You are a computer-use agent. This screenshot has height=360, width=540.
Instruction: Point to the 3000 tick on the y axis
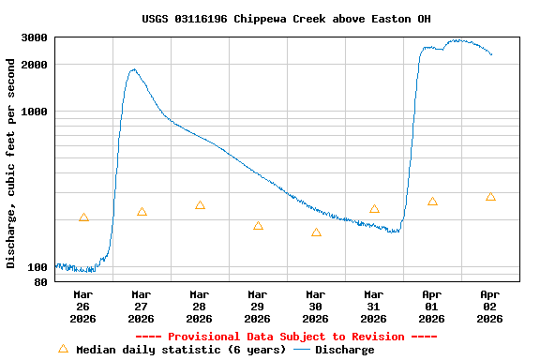click(36, 37)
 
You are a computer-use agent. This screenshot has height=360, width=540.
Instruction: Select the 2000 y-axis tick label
click(36, 65)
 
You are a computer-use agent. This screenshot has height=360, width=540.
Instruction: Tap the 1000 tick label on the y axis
click(36, 112)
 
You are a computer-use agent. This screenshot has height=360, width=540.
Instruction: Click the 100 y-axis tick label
click(39, 266)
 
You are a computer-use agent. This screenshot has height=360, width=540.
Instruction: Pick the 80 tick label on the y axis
click(42, 281)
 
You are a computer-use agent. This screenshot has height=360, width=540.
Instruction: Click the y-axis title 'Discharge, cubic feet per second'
click(11, 163)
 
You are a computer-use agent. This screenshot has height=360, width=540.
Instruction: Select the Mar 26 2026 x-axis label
click(82, 306)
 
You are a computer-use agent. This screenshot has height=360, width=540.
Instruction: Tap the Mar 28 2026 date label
click(199, 306)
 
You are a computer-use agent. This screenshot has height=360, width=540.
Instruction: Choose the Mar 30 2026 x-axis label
click(315, 306)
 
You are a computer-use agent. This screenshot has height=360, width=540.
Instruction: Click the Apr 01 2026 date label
click(431, 306)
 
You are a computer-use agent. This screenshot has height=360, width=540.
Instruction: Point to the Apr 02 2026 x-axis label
click(489, 306)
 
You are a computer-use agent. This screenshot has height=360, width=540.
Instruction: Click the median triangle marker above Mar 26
click(83, 217)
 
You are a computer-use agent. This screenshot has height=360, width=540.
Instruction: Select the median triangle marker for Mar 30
click(316, 232)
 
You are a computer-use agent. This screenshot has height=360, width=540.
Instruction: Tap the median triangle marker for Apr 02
click(490, 197)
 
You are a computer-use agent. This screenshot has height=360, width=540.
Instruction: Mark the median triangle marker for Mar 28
click(200, 205)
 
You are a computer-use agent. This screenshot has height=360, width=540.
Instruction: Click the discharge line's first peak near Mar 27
click(133, 69)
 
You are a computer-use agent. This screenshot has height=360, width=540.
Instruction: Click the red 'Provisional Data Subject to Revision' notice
click(286, 337)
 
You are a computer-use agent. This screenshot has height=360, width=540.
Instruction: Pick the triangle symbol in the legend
click(63, 349)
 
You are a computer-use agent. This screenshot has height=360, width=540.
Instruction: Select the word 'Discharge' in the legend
click(344, 350)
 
